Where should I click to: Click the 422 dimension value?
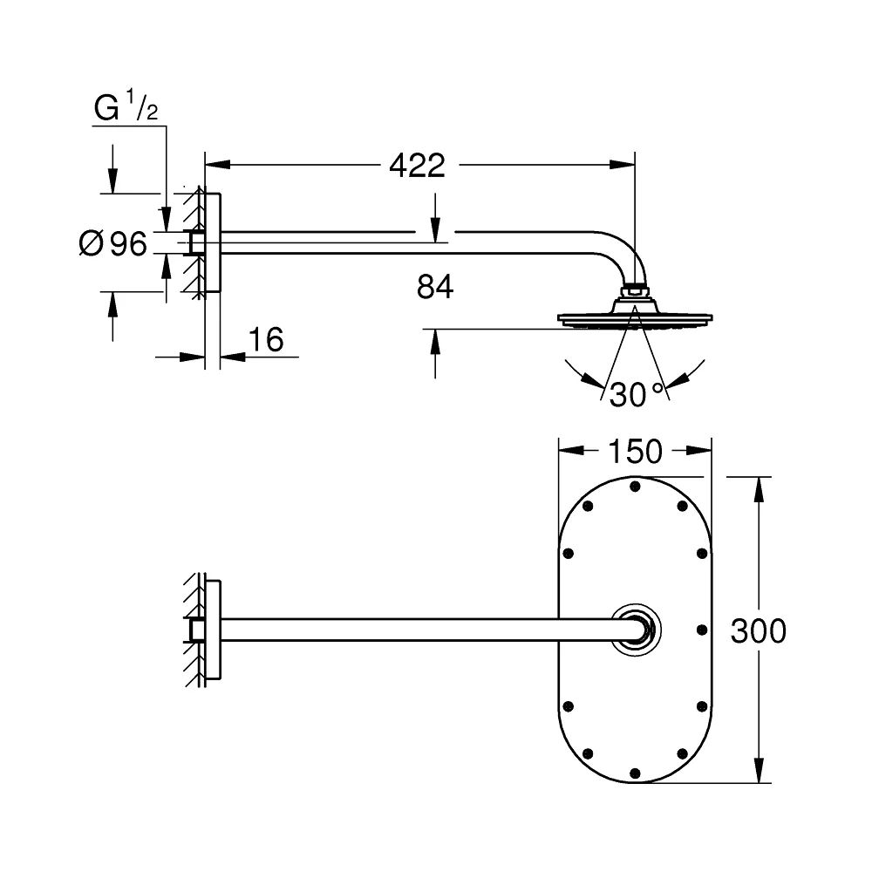417,165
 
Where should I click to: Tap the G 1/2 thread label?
126,106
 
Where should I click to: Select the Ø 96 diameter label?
113,243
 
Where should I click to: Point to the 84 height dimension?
435,287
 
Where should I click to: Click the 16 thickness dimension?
266,339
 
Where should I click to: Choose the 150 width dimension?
635,451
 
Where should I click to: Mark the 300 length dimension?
758,630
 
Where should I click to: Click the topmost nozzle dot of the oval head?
635,487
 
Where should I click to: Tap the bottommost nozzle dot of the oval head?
635,773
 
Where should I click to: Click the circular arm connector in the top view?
637,630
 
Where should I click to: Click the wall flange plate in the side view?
213,242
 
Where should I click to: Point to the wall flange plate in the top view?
213,630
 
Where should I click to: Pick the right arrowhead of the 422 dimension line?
623,165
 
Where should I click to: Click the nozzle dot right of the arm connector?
702,630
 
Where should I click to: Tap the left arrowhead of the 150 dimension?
571,451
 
